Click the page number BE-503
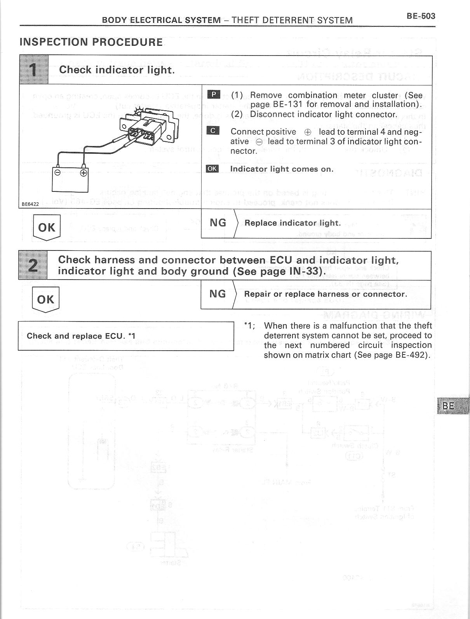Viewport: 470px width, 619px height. tap(421, 16)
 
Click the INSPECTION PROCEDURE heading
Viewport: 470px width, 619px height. tap(91, 42)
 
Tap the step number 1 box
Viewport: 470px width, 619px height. tap(34, 70)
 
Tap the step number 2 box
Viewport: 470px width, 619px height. tap(33, 266)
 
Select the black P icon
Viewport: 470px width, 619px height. tap(214, 95)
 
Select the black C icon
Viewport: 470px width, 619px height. tap(213, 131)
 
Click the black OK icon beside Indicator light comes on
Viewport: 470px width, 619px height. tap(212, 169)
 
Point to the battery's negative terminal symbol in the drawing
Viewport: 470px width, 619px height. tap(57, 173)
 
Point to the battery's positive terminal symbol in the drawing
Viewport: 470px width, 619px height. tap(83, 173)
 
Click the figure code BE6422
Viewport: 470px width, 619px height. tap(30, 204)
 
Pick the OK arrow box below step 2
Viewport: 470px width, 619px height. tap(46, 300)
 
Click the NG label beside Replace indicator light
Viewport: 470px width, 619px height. tap(218, 223)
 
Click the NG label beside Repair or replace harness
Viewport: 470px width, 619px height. tap(218, 294)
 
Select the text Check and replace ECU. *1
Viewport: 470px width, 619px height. tap(81, 336)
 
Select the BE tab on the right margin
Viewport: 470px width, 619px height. tap(449, 406)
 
